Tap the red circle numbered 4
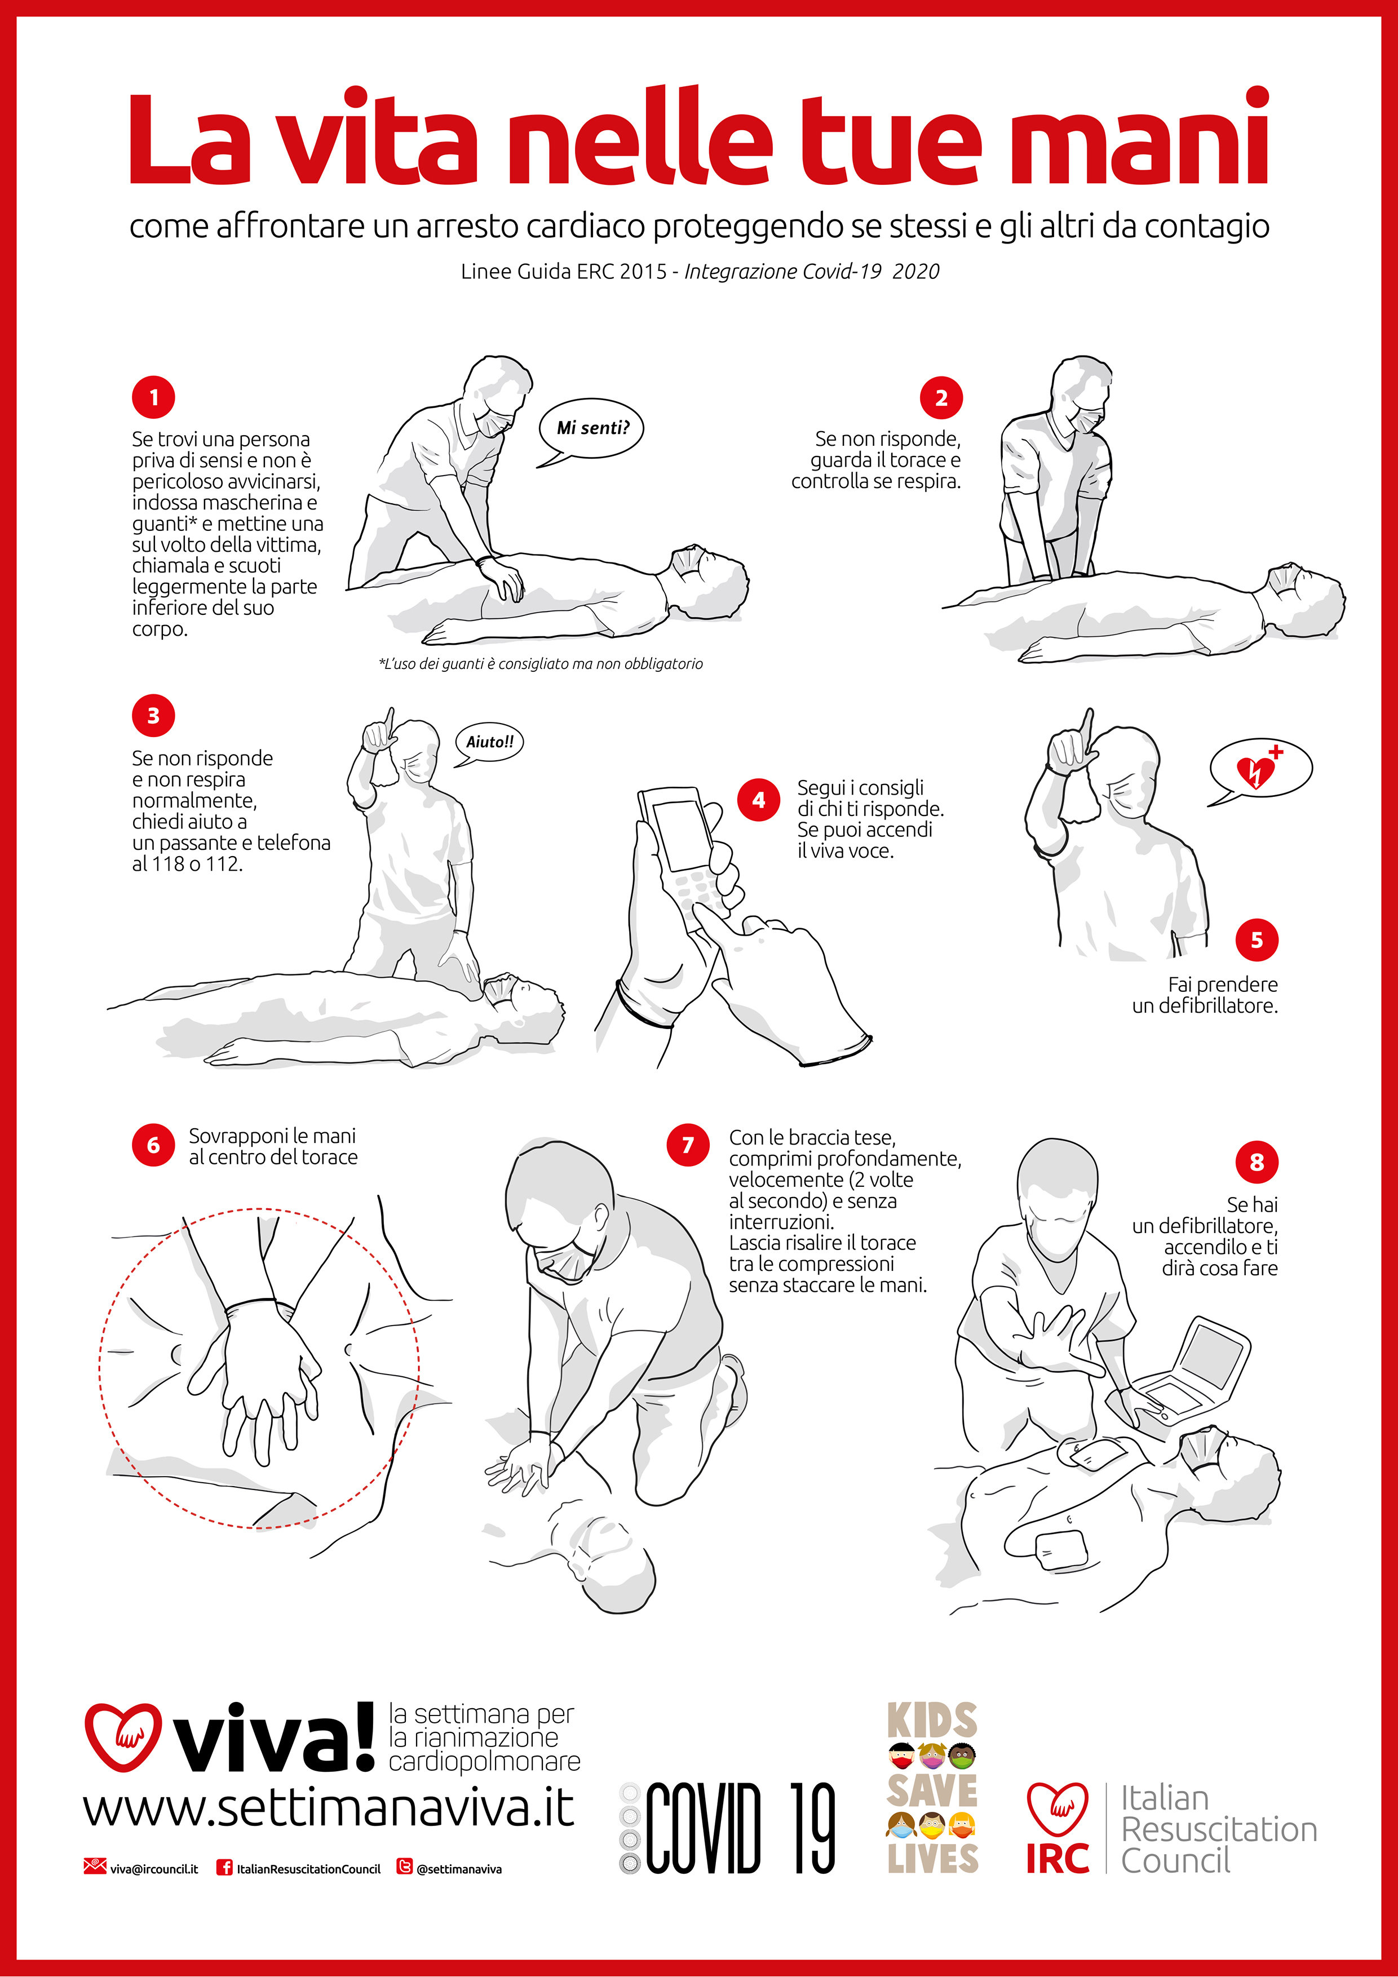tap(759, 799)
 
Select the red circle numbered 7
tap(688, 1145)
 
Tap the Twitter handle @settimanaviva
tap(459, 1868)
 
